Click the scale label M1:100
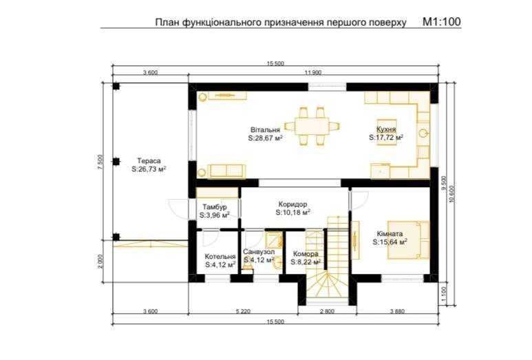[x=441, y=22]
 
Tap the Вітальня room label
[x=266, y=130]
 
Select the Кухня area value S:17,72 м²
[x=386, y=138]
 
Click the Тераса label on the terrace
[x=149, y=161]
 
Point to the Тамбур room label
[x=215, y=207]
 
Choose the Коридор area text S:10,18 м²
[x=292, y=213]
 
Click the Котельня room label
[x=220, y=257]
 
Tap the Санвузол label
[x=259, y=252]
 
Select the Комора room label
[x=306, y=254]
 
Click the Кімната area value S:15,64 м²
[x=390, y=242]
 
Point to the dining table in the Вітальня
[x=312, y=127]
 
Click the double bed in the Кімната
[x=409, y=240]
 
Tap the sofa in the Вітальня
[x=226, y=171]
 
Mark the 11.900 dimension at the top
[x=313, y=72]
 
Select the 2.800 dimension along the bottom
[x=327, y=311]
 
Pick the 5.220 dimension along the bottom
[x=243, y=311]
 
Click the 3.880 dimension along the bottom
[x=397, y=311]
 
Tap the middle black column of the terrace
[x=116, y=162]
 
